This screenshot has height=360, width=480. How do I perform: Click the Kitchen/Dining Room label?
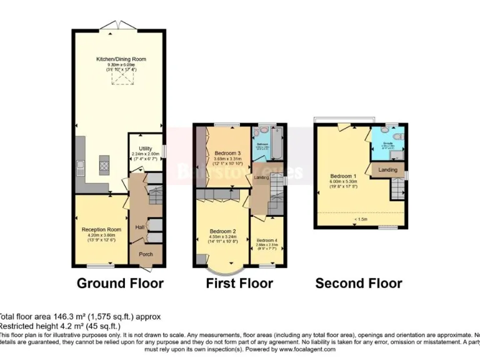click(121, 59)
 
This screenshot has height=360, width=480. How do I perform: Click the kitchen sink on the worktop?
click(80, 167)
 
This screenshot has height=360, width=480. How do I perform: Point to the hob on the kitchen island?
click(104, 166)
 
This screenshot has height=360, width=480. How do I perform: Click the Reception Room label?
click(101, 229)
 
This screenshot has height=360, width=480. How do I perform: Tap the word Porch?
click(145, 254)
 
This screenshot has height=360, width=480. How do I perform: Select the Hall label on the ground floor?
click(140, 227)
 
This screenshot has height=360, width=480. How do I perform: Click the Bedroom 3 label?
click(227, 153)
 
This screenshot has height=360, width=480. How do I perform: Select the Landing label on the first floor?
click(262, 178)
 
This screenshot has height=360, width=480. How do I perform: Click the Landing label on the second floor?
click(387, 169)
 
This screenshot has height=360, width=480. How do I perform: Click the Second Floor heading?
click(358, 283)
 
